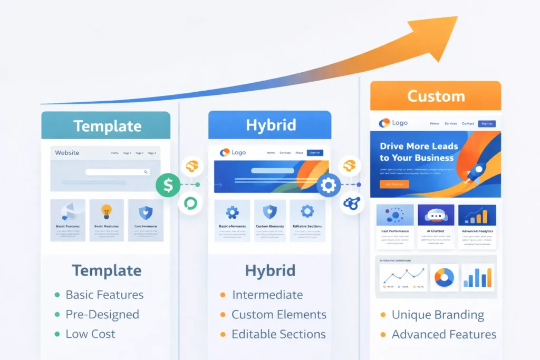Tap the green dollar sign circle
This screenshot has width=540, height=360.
(168, 184)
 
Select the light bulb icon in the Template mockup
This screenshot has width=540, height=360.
(107, 212)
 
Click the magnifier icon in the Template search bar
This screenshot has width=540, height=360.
(146, 172)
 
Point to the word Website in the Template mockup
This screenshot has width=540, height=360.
(67, 153)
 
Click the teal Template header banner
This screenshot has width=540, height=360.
(106, 126)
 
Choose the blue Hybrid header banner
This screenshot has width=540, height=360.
(270, 125)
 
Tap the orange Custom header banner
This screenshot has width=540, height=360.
(436, 96)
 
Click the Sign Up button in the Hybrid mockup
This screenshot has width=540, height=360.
(315, 153)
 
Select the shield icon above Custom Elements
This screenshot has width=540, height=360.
(269, 212)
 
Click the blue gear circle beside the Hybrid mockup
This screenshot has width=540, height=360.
(329, 185)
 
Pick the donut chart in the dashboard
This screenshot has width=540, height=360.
(444, 277)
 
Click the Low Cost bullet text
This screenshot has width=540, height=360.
(90, 334)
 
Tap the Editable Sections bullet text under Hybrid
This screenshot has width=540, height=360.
(278, 334)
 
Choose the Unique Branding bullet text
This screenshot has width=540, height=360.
(438, 315)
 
